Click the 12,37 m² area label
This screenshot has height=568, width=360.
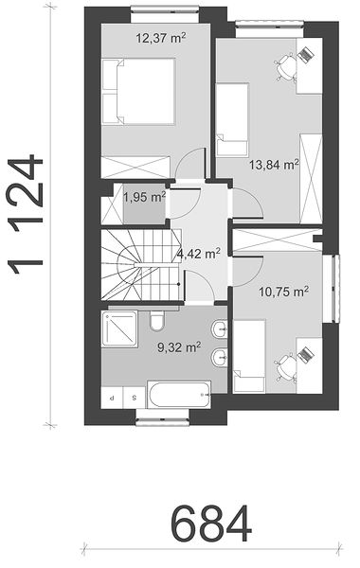161,38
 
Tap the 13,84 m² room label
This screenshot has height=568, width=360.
274,165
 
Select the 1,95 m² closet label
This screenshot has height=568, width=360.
145,198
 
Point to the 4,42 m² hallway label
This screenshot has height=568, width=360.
199,254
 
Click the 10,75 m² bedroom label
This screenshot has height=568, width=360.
284,292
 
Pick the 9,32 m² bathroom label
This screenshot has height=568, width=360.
179,347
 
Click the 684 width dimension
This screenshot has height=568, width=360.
211,524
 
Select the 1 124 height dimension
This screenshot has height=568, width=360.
26,215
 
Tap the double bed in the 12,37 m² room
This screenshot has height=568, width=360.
138,92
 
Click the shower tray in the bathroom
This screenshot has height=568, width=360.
119,328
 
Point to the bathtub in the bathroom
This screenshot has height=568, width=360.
179,394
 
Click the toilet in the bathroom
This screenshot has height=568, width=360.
157,319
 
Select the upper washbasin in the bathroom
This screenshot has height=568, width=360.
220,328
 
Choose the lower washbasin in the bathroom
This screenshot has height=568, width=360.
220,357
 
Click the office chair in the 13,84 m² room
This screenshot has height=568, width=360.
285,66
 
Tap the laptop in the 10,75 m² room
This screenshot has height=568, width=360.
306,353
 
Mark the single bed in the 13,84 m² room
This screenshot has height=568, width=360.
232,120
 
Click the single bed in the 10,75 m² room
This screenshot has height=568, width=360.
249,356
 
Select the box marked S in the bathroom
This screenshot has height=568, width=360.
135,398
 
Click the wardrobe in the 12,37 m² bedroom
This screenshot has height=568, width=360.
135,167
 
